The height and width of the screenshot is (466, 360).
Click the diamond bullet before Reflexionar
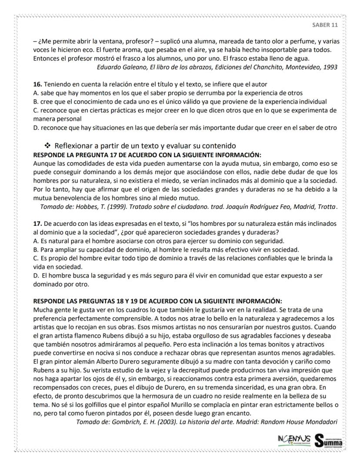click(47, 145)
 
